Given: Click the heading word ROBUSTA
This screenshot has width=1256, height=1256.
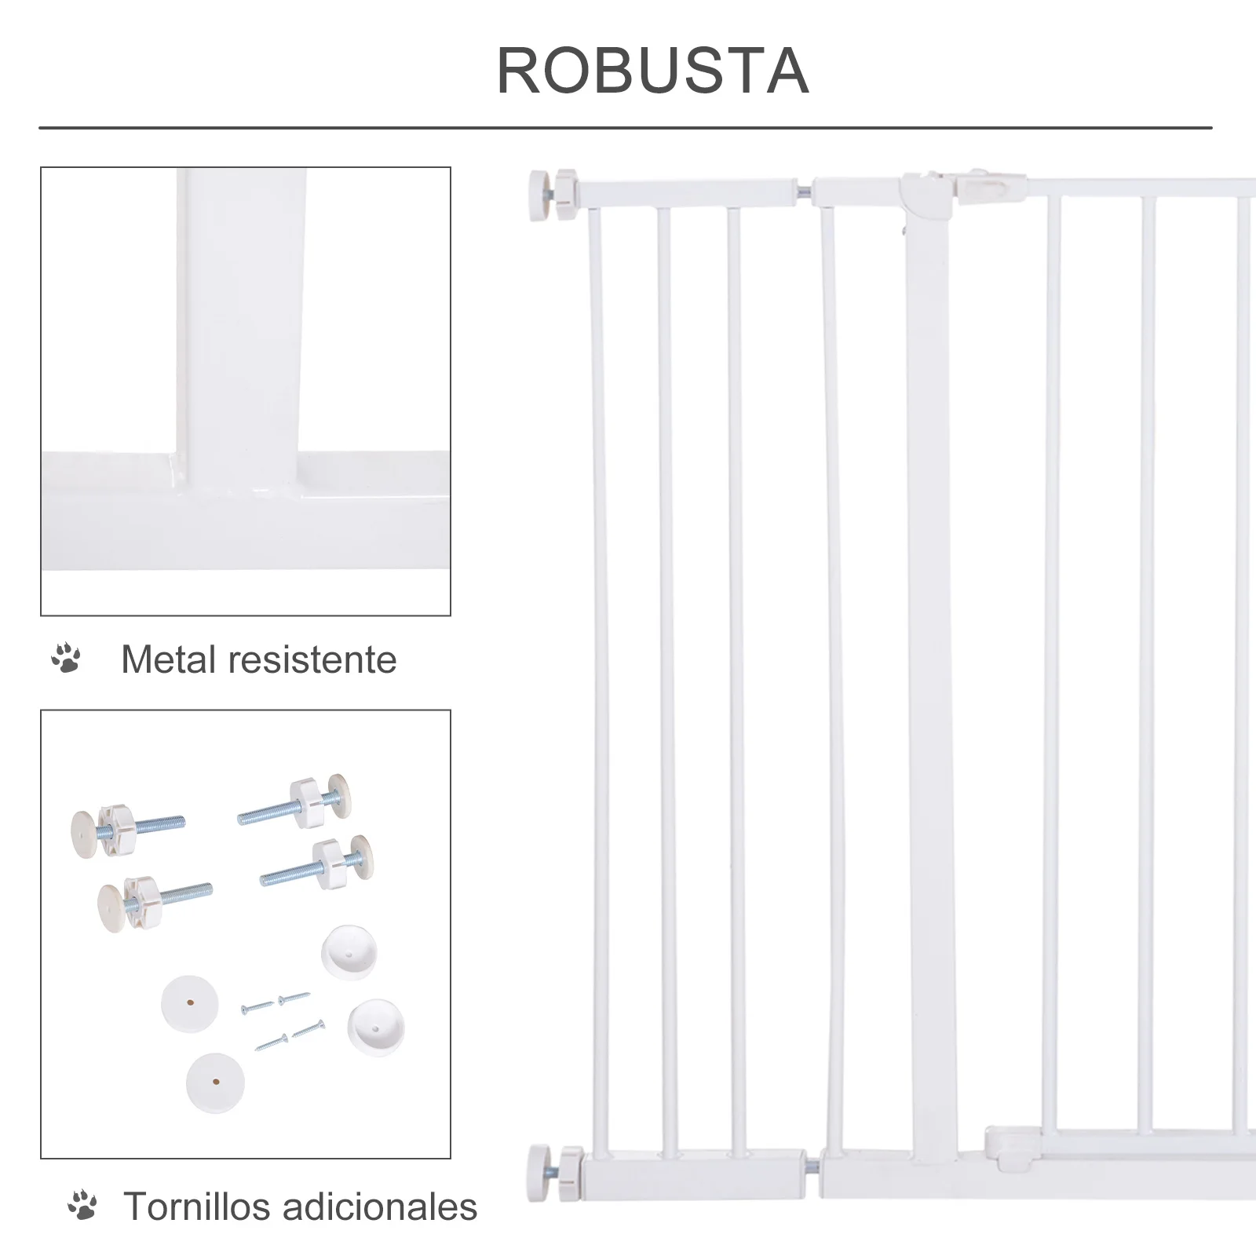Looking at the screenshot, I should (x=652, y=71).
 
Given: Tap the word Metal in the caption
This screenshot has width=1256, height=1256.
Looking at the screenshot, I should (x=168, y=659).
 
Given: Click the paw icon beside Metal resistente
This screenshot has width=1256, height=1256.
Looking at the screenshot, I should (x=66, y=659).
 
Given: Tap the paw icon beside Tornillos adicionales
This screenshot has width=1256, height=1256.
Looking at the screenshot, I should (x=82, y=1206).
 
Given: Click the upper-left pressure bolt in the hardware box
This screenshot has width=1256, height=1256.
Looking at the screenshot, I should (x=126, y=827).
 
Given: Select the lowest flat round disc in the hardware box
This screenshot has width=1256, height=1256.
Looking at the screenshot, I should (x=215, y=1083).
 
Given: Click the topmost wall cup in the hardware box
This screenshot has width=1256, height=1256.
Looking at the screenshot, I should (x=349, y=951).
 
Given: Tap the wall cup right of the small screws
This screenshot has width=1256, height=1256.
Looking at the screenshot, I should (x=376, y=1026).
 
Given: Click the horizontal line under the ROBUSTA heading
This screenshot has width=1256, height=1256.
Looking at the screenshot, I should (x=625, y=127).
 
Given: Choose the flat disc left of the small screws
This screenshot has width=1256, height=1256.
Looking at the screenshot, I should (x=190, y=1003).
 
